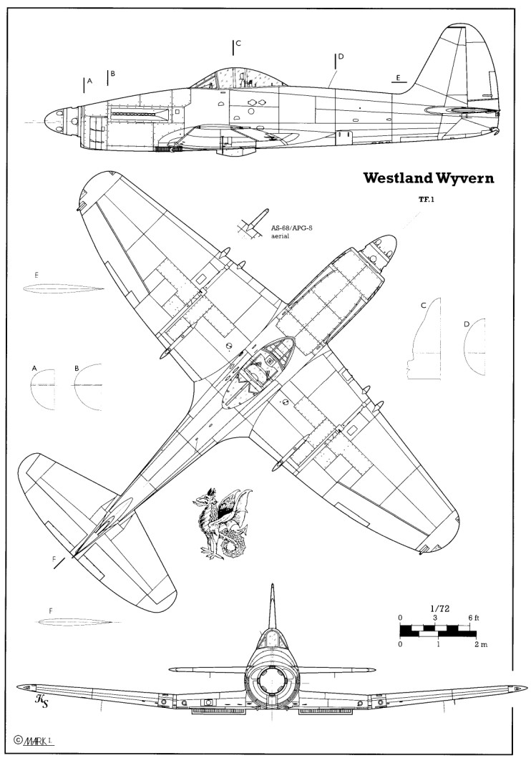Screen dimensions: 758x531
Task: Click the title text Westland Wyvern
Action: pyautogui.click(x=428, y=178)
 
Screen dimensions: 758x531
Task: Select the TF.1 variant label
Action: pyautogui.click(x=418, y=200)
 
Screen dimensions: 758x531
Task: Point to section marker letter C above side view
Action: pyautogui.click(x=238, y=44)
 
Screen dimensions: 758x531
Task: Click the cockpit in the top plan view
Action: pyautogui.click(x=265, y=364)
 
